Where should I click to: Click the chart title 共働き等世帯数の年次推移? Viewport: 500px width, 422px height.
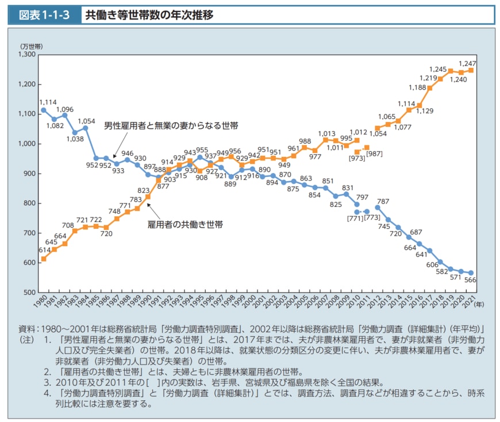[x=149, y=15]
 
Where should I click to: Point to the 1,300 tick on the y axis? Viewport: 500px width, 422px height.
[x=26, y=55]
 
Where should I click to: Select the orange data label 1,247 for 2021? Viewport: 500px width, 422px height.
[x=467, y=62]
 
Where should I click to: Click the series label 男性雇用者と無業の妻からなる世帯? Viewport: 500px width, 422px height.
[x=171, y=125]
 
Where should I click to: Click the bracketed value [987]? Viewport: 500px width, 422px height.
[x=374, y=154]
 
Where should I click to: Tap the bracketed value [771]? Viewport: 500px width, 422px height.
[x=353, y=218]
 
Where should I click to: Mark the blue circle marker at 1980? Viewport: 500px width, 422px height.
[x=44, y=110]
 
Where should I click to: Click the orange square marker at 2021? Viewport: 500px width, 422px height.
[x=471, y=70]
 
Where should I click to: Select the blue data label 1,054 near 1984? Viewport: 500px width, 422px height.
[x=86, y=121]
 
